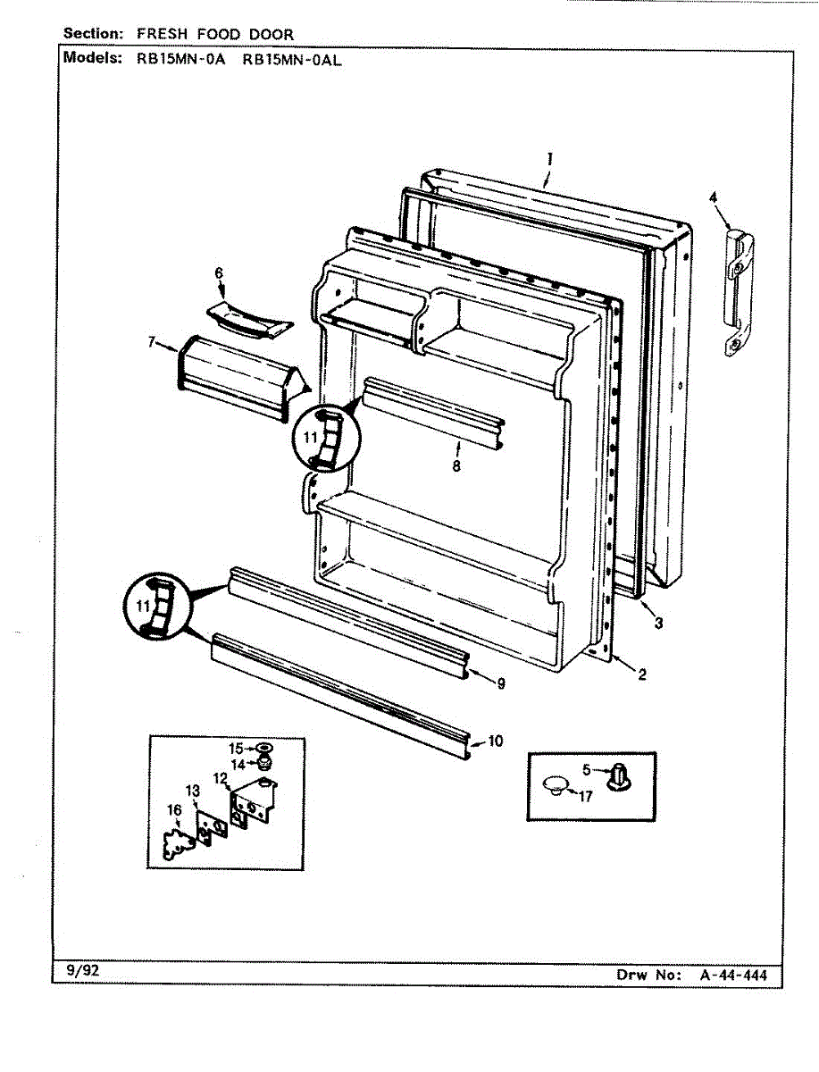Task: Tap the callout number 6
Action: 219,273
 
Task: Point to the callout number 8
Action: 456,465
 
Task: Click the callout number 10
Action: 496,741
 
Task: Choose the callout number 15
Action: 236,748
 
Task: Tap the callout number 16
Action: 174,809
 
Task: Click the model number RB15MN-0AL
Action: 293,60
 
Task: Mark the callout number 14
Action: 236,765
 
